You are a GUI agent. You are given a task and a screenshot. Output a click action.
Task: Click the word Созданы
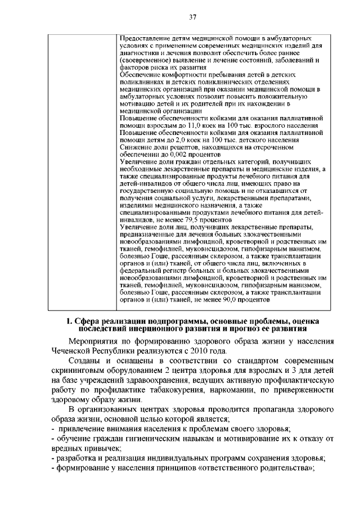[85, 361]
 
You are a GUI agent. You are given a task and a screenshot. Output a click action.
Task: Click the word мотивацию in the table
[139, 103]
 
